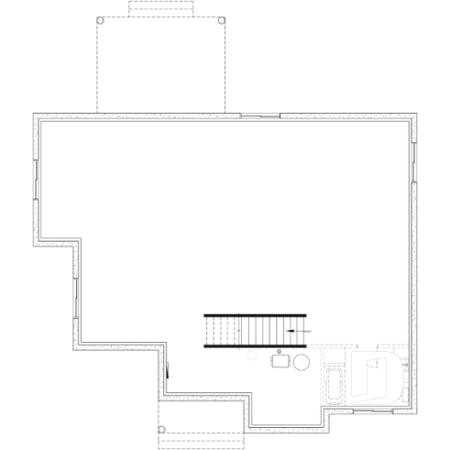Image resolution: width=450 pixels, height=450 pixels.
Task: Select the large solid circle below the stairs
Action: pyautogui.click(x=301, y=362)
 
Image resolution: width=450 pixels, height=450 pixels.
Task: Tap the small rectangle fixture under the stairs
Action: pyautogui.click(x=279, y=361)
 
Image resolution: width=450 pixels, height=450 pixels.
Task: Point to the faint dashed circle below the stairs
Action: pyautogui.click(x=253, y=354)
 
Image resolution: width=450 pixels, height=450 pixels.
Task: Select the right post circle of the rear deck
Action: pyautogui.click(x=222, y=20)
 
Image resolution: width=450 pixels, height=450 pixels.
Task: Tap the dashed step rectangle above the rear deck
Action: pyautogui.click(x=160, y=8)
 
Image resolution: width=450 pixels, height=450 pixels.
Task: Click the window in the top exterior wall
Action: pyautogui.click(x=259, y=115)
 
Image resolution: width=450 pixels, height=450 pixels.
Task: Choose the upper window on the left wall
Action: pyautogui.click(x=35, y=179)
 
